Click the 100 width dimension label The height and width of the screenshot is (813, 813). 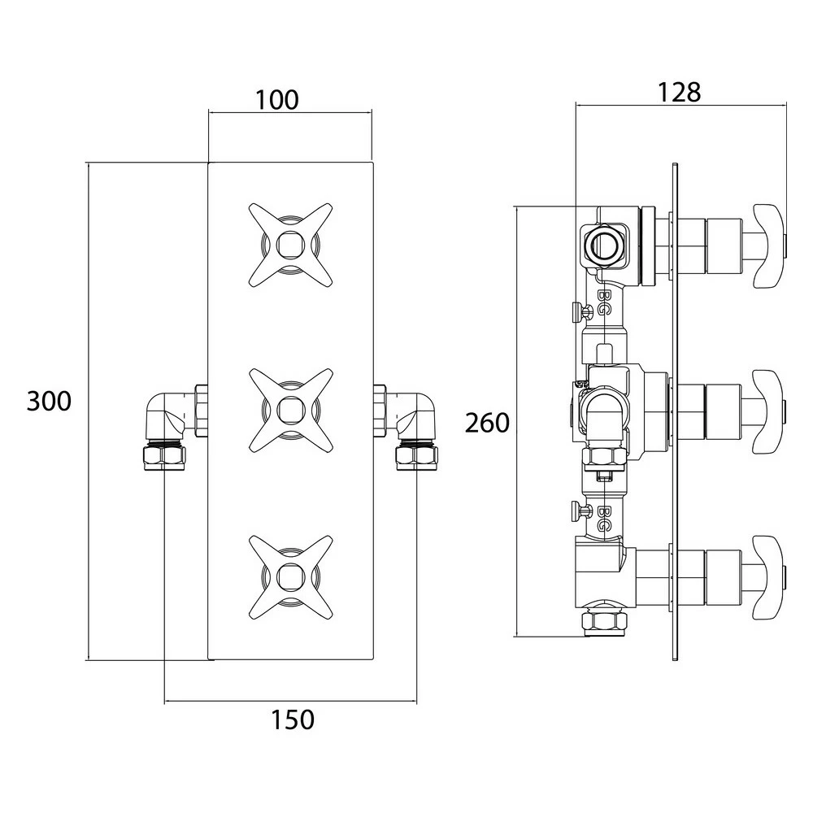(x=277, y=100)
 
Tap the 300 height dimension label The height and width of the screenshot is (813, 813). (x=49, y=401)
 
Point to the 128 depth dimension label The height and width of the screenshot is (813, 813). (x=679, y=92)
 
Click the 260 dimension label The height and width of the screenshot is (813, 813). (x=487, y=422)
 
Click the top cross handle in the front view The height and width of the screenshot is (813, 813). (x=290, y=243)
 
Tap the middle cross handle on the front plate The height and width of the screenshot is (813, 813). (x=290, y=409)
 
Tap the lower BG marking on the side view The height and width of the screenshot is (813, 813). (x=604, y=518)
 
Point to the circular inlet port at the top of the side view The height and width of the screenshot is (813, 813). (x=604, y=243)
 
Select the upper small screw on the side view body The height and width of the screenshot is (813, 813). (x=580, y=311)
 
